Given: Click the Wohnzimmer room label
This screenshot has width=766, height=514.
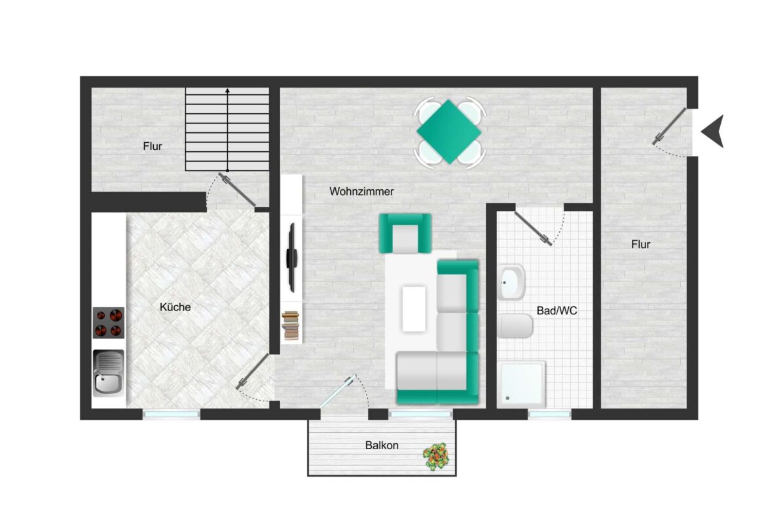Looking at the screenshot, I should point(361,192).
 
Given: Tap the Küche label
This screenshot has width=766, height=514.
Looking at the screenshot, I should point(175,306).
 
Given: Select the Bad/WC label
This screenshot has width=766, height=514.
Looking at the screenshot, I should point(556,311).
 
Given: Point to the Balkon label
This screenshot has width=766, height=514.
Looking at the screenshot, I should point(382,445).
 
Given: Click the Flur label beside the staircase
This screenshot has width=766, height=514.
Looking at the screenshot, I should point(153,147).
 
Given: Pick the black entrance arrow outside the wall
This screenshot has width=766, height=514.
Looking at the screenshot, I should point(712,131).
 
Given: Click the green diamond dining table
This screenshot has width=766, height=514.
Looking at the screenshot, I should point(449,132).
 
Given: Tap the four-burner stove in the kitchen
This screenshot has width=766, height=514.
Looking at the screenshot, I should point(108,323).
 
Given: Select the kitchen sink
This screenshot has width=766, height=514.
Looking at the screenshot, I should point(108,373).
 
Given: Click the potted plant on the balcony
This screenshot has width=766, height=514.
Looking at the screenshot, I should point(437,456).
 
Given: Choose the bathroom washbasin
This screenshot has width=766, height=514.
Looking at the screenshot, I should point(511,282).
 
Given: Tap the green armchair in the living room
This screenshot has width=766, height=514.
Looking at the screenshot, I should point(405,234).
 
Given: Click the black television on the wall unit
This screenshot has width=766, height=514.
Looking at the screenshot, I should point(293,257).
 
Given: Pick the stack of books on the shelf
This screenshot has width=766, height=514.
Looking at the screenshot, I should point(292,325).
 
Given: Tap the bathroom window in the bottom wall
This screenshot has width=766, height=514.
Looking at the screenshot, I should point(549,414).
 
